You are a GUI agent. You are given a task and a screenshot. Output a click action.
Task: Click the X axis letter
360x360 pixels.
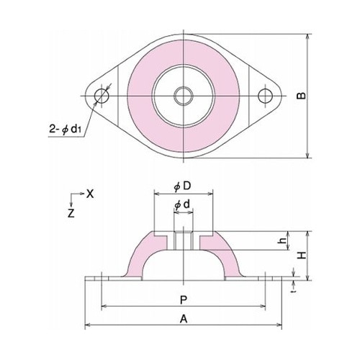click(x=90, y=194)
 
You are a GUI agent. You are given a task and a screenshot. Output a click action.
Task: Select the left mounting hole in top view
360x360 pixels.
click(x=100, y=95)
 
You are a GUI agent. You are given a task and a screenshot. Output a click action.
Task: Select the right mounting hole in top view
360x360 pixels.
click(x=267, y=95)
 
